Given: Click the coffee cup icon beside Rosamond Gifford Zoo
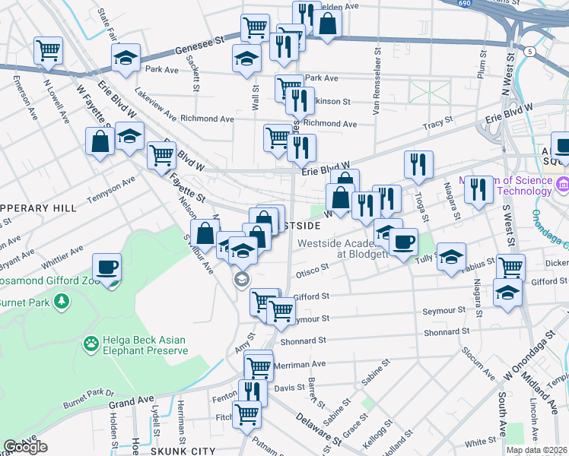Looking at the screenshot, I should pyautogui.click(x=107, y=267).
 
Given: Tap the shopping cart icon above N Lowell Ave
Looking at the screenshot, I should pyautogui.click(x=48, y=51).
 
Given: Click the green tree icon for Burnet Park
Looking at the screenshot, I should pyautogui.click(x=59, y=302).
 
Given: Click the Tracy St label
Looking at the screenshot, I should pyautogui.click(x=437, y=121).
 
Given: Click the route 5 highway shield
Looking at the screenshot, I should pyautogui.click(x=528, y=50).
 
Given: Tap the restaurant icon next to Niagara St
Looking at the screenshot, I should pyautogui.click(x=478, y=189).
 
